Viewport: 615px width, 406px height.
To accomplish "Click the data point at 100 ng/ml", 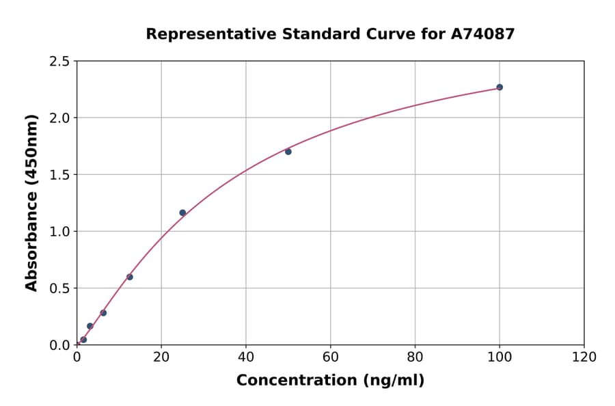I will pos(500,87).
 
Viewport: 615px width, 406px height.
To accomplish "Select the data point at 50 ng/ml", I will pos(288,152).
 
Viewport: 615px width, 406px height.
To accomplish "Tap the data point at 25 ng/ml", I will pos(182,213).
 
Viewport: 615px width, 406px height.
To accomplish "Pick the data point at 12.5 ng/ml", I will pos(130,277).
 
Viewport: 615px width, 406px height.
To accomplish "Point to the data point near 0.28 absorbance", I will pos(103,313).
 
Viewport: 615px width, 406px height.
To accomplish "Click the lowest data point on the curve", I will pos(83,340).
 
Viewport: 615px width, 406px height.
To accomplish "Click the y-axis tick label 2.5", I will pos(60,62).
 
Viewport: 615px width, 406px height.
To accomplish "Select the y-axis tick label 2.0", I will pos(60,118).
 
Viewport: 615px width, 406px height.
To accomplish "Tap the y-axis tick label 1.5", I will pos(60,175).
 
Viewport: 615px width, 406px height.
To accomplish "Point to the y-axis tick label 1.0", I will pos(60,232).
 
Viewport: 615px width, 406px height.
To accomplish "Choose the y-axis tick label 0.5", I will pos(60,288).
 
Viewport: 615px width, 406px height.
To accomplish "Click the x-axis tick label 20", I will pos(161,357).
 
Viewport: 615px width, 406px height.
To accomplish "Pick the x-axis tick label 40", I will pos(246,357).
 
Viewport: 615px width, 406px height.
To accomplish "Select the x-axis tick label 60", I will pos(331,357).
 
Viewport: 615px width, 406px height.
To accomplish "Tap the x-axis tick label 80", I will pos(415,357).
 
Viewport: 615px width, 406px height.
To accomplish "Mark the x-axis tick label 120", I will pos(584,357).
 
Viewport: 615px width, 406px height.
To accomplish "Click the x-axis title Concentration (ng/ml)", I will pos(330,381).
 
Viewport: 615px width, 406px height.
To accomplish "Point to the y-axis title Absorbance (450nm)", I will pos(31,202).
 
